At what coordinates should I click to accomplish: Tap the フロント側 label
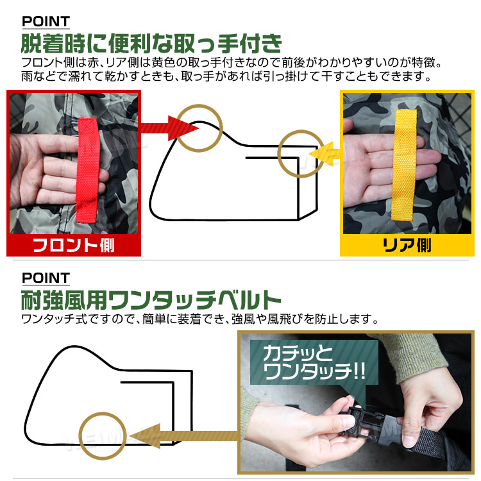click(73, 246)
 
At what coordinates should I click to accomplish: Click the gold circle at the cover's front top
click(199, 128)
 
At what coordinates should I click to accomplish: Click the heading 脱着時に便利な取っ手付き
click(151, 45)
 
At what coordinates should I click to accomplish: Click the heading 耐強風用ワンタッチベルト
click(151, 300)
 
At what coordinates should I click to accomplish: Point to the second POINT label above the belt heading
click(46, 278)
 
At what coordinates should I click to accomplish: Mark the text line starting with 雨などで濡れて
click(224, 78)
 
